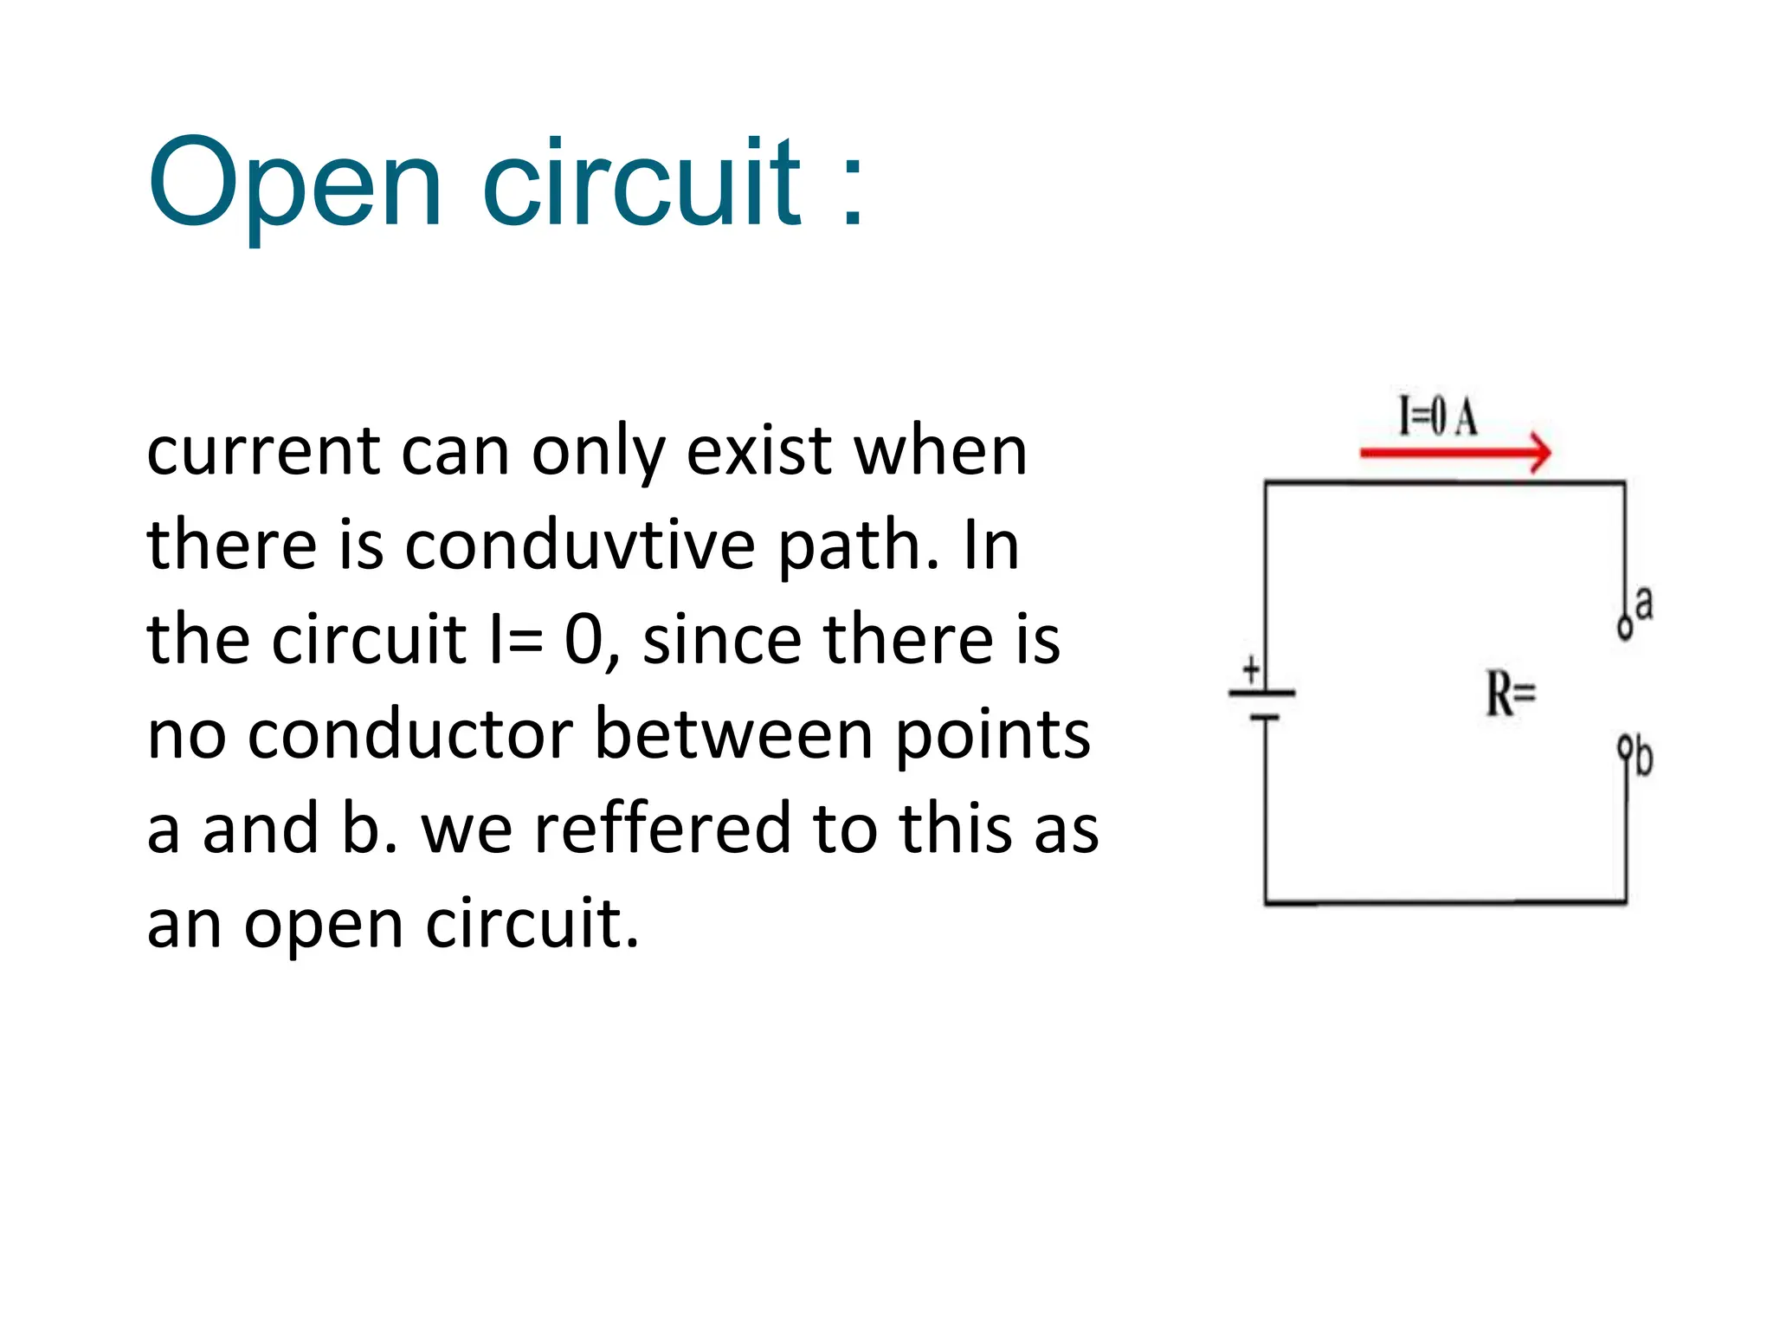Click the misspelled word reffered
pyautogui.click(x=661, y=829)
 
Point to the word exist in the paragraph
pyautogui.click(x=758, y=452)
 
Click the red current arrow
pyautogui.click(x=1454, y=452)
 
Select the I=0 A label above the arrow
pyautogui.click(x=1438, y=416)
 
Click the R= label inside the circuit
pyautogui.click(x=1511, y=694)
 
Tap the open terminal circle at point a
pyautogui.click(x=1624, y=627)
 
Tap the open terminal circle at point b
pyautogui.click(x=1625, y=745)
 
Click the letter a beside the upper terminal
pyautogui.click(x=1643, y=604)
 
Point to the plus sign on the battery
pyautogui.click(x=1251, y=669)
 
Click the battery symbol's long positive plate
pyautogui.click(x=1262, y=693)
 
